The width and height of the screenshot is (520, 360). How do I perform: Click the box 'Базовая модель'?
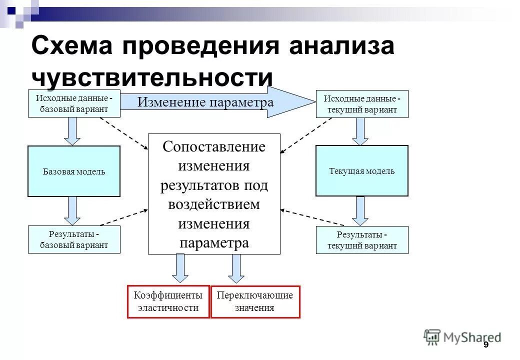(x=74, y=171)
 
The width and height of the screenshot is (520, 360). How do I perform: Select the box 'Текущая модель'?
(x=361, y=171)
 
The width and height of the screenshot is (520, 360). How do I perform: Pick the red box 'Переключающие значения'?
(x=255, y=301)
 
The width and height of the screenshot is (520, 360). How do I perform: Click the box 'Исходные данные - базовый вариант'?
(x=74, y=104)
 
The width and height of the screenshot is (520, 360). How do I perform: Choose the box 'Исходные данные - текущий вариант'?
(x=362, y=104)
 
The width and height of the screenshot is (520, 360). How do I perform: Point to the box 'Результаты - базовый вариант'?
(x=74, y=239)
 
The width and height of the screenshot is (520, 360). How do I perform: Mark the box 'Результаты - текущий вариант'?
(x=362, y=240)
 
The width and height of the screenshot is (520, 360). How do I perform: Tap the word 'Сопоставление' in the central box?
(x=214, y=147)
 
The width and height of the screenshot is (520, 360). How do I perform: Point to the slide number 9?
(x=485, y=346)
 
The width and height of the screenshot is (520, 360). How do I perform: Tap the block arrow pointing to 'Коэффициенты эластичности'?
(x=180, y=268)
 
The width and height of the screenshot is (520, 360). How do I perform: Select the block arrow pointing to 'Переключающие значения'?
(x=236, y=268)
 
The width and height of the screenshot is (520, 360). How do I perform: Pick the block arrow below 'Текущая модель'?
(x=360, y=210)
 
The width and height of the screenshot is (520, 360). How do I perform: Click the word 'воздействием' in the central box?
(x=214, y=204)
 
